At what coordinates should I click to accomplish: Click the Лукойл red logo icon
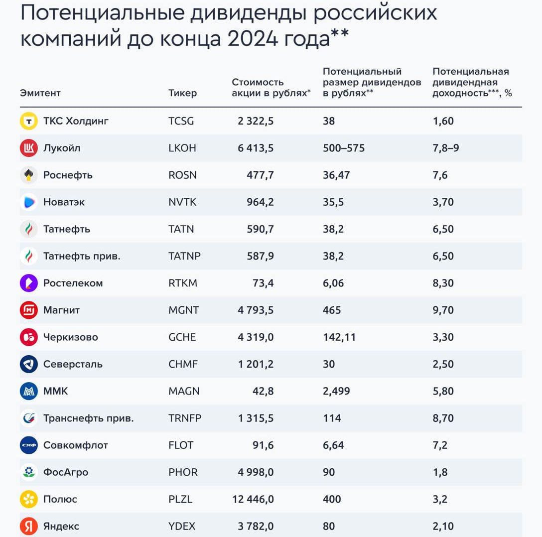[28, 148]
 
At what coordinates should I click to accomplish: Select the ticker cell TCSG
[181, 121]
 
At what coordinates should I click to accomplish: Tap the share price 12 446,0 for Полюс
[253, 499]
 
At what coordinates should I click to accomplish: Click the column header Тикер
[182, 93]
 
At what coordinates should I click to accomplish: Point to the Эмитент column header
[40, 93]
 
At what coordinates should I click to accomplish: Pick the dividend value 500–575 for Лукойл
[344, 148]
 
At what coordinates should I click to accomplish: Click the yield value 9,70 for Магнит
[443, 310]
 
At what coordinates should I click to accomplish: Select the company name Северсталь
[73, 364]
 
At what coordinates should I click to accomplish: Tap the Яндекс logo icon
[28, 526]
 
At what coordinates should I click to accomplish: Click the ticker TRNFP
[185, 418]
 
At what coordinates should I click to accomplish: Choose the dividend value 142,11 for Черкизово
[339, 337]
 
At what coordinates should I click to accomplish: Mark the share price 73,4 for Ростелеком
[263, 283]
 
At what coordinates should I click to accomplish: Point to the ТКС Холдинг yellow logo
[28, 121]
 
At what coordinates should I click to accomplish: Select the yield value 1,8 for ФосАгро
[440, 472]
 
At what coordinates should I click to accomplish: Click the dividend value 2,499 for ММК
[336, 391]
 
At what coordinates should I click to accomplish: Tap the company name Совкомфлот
[75, 445]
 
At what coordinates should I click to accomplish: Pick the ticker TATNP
[184, 256]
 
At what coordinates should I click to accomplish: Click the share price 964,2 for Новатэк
[260, 202]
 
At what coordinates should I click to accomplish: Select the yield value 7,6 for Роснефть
[440, 175]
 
